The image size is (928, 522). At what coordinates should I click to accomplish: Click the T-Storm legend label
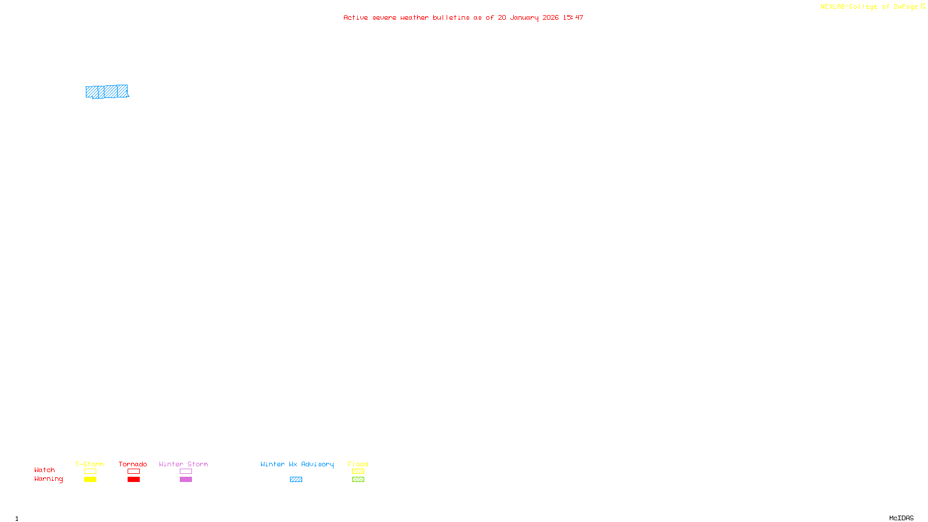coord(89,464)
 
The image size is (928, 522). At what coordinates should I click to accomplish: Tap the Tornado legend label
coord(133,464)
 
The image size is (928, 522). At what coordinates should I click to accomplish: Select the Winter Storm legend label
coord(183,464)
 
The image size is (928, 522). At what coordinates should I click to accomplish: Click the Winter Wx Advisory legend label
coord(297,464)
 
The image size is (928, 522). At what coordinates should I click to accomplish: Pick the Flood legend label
coord(358,464)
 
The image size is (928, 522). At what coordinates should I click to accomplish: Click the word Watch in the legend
coord(45,470)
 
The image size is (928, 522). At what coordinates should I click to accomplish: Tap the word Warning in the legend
coord(49,479)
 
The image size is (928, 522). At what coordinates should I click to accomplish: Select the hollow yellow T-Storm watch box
coord(90,472)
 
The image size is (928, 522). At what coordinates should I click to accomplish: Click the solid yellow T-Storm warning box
coord(90,480)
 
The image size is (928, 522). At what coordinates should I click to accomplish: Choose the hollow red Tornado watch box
coord(133,472)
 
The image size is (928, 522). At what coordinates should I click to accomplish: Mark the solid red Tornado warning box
coord(133,480)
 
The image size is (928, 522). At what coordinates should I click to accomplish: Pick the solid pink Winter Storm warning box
coord(186,480)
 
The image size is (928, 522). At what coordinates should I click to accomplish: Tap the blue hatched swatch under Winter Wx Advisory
coord(296,480)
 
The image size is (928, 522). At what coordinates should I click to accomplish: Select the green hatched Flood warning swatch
coord(358,480)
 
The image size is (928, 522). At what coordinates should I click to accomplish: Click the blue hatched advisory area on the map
coord(107,92)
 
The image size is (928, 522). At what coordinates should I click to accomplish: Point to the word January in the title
coord(524,17)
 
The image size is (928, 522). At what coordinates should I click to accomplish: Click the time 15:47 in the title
coord(573,17)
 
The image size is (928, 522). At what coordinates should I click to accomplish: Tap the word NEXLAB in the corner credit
coord(833,6)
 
